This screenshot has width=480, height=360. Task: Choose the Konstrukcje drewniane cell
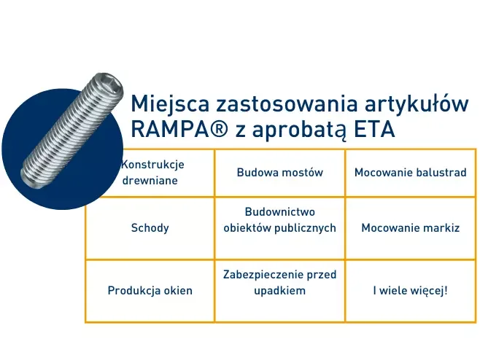pos(150,173)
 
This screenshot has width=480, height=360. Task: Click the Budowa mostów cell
pos(279,173)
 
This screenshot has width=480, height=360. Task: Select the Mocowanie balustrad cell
pos(410,173)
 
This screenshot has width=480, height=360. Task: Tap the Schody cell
pos(150,227)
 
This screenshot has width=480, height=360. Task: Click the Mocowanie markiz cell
pos(410,227)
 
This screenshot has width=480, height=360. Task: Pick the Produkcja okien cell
pos(150,290)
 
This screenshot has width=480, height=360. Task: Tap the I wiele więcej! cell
pos(410,290)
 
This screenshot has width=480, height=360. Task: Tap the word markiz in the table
pos(444,227)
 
